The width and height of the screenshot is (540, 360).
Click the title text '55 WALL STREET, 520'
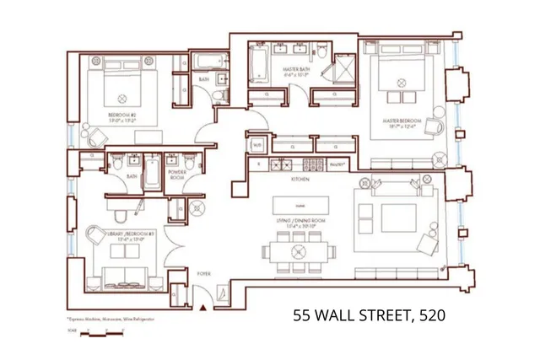coord(369,316)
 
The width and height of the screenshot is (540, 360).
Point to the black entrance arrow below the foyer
coord(202,309)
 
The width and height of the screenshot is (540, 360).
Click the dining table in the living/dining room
coord(297,251)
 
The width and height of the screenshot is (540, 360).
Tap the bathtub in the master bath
coord(258,64)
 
